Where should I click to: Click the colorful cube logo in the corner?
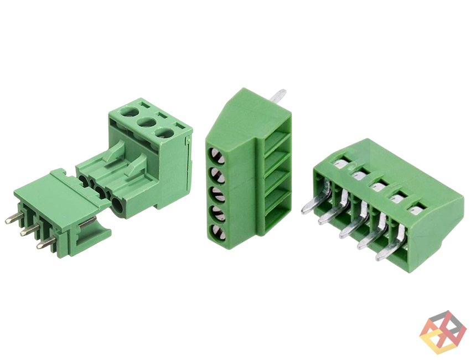click(443, 332)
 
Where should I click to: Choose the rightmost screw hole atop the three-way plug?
click(163, 133)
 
